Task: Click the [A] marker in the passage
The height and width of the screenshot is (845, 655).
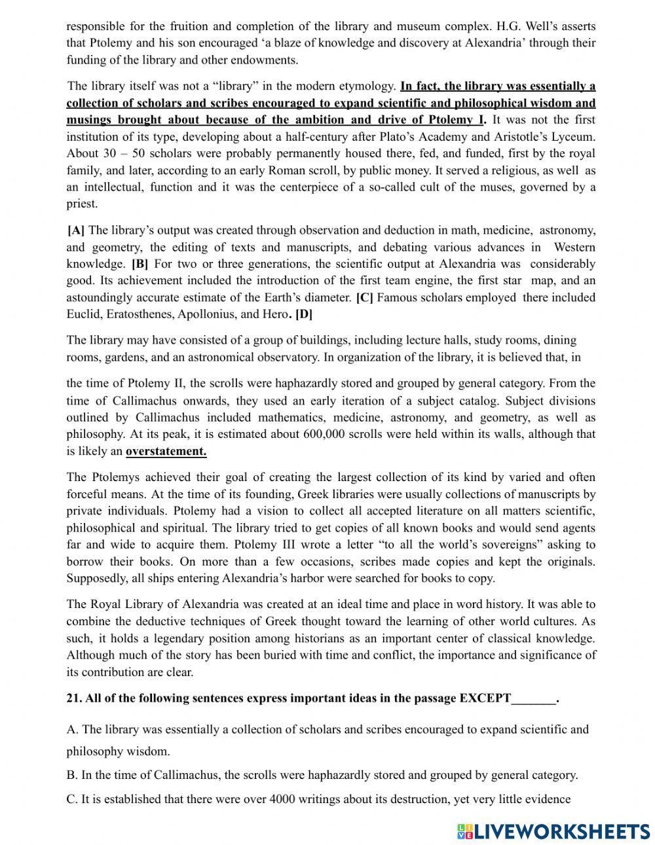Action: click(x=76, y=230)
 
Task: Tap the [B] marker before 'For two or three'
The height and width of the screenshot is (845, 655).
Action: click(x=140, y=264)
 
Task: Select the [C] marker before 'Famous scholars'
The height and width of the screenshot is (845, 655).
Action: click(x=364, y=298)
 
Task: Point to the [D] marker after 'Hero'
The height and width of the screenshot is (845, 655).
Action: click(x=304, y=314)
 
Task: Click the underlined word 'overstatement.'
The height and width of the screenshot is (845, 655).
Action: click(x=166, y=451)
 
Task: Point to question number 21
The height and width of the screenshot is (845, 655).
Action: click(x=74, y=698)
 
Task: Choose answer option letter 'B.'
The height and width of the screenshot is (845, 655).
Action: click(x=72, y=776)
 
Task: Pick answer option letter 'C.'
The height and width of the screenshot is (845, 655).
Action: click(x=72, y=799)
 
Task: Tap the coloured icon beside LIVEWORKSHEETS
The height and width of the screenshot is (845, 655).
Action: click(x=464, y=831)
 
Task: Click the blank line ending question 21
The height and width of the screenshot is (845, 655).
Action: click(x=534, y=698)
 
